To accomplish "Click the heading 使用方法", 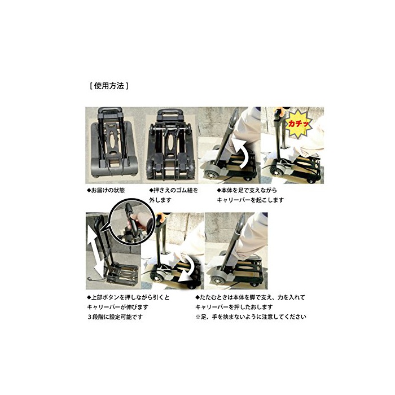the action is [109, 86].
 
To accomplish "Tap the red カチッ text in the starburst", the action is [299, 124].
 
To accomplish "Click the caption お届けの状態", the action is [106, 190].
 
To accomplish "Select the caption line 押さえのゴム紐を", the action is [174, 190].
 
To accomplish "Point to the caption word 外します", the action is [160, 200].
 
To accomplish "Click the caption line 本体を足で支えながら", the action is [247, 190].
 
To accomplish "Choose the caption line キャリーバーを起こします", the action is [251, 200].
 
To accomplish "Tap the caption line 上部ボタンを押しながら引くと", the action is [128, 297].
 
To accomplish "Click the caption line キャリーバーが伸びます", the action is [117, 307].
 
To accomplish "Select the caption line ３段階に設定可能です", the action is [115, 317].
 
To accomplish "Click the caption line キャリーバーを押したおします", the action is [234, 307].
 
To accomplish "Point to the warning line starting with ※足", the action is [251, 317].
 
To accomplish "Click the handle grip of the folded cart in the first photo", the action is [110, 111].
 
